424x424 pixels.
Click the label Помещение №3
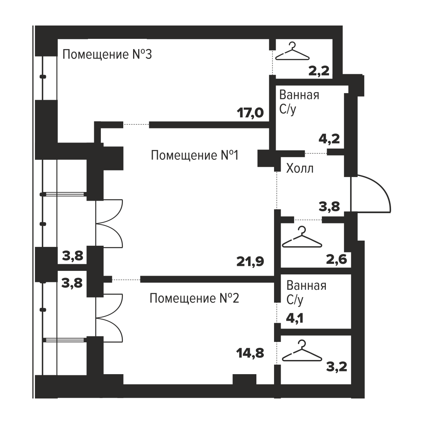coord(107,54)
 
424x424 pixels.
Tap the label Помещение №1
coord(195,155)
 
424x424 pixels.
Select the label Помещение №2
coord(194,298)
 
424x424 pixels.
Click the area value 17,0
coord(250,113)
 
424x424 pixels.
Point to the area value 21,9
coord(250,261)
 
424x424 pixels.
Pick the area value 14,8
coord(250,353)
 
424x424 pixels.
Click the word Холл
coord(300,168)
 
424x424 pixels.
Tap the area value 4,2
coord(329,139)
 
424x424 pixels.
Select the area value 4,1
coord(295,318)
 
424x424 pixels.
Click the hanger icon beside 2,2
coord(292,51)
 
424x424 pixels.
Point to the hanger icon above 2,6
coord(302,237)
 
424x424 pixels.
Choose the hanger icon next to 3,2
coord(302,351)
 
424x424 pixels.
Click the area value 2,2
coord(319,71)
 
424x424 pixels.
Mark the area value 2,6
coord(337,260)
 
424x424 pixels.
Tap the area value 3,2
coord(337,367)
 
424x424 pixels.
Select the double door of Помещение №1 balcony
coord(109,223)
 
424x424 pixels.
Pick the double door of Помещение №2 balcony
coord(109,317)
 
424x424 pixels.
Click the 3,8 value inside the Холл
coord(329,207)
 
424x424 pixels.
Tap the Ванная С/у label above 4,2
coord(299,102)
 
